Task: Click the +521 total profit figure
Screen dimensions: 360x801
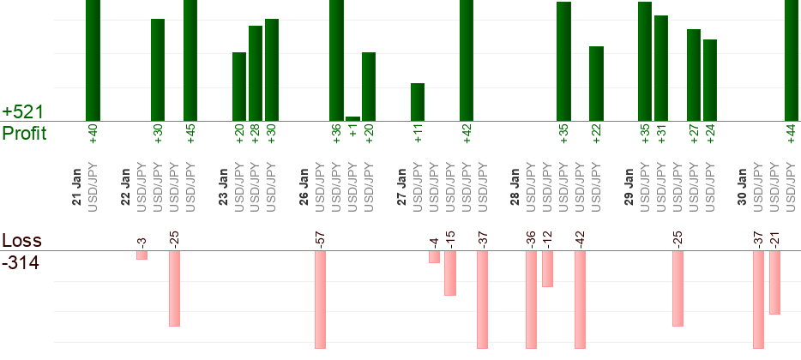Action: (21, 112)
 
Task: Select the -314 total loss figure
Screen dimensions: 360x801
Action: (21, 262)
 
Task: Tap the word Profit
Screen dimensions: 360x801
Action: (25, 134)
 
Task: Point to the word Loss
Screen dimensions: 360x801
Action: (21, 241)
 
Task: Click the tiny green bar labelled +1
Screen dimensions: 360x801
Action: (352, 118)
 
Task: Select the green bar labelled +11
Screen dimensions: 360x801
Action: (418, 102)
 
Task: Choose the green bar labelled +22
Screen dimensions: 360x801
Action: (596, 83)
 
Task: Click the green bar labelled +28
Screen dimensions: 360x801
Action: (256, 74)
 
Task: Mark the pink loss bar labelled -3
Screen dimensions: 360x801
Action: (142, 255)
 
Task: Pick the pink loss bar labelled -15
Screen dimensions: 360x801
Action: (450, 273)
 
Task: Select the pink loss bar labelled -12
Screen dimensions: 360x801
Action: (547, 269)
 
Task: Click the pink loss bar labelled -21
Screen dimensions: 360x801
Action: (774, 283)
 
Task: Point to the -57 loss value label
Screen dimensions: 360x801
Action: (321, 239)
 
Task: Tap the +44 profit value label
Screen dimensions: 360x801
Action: (792, 134)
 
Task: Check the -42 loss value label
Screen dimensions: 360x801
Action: (580, 239)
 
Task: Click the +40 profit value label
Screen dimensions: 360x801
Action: (93, 134)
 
